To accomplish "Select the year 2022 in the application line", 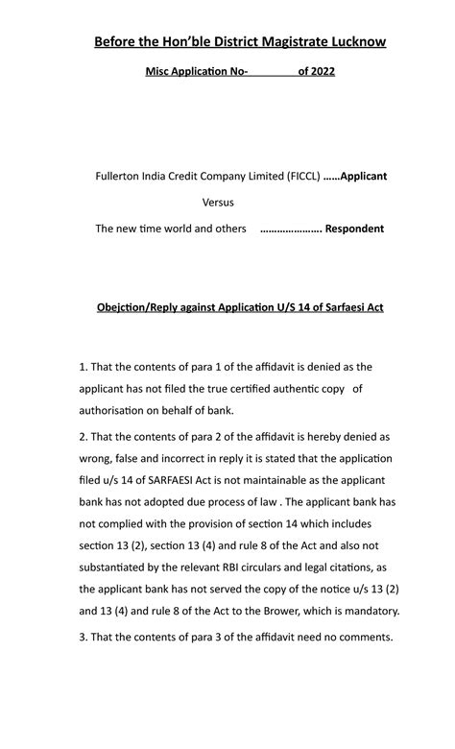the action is (317, 72).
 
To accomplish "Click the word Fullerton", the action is (119, 177).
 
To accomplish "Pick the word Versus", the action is (218, 203).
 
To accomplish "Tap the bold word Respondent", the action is (354, 230).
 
